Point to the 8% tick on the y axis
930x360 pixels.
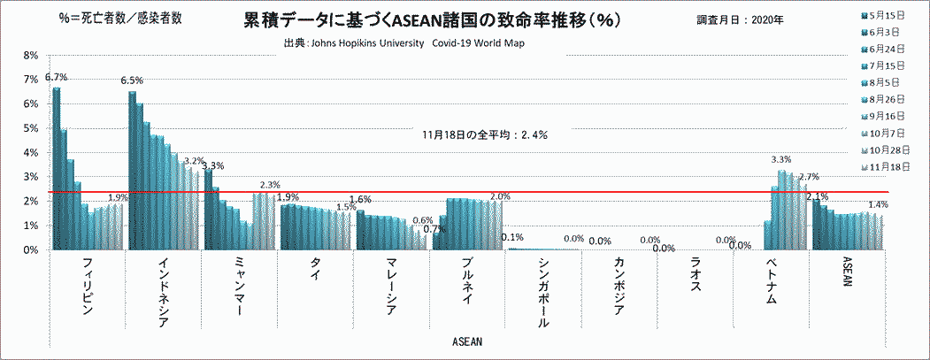click(31, 55)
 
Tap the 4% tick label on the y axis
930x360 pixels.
click(31, 152)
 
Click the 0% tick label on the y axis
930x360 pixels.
click(31, 249)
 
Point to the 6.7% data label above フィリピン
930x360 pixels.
click(56, 77)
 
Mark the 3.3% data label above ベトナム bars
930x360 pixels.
click(780, 160)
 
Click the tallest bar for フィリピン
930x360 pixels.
click(57, 168)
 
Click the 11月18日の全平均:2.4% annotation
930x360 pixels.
click(485, 135)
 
